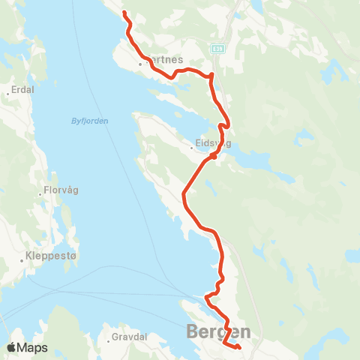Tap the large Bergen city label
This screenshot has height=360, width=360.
(x=217, y=331)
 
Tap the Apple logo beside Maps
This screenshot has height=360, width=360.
(x=13, y=348)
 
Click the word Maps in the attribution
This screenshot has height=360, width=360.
(x=33, y=348)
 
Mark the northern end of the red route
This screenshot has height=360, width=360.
(x=124, y=13)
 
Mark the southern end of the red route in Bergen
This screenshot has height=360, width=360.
(x=238, y=347)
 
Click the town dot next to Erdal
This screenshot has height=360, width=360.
(x=7, y=94)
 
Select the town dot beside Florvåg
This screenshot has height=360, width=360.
(x=40, y=194)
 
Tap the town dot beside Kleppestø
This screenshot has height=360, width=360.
(x=22, y=260)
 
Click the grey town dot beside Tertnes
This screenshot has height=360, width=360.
(x=140, y=64)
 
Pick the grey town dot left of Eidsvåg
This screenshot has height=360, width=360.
(x=192, y=148)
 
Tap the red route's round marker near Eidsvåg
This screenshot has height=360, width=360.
(x=214, y=157)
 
